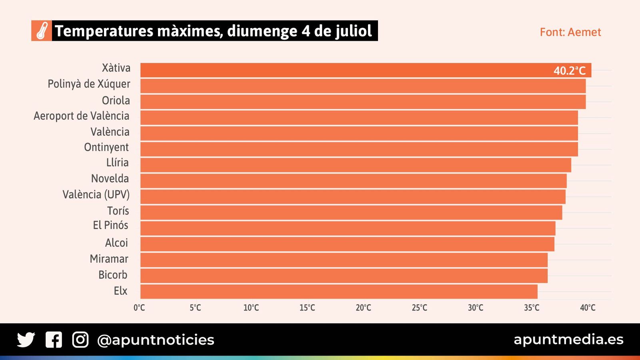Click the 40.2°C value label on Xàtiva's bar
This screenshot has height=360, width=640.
[x=569, y=71]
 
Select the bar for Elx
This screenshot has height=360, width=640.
[x=339, y=292]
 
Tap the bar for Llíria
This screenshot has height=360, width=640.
[x=356, y=165]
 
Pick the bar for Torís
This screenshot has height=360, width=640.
[x=351, y=212]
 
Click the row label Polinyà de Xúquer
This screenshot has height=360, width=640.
[x=89, y=84]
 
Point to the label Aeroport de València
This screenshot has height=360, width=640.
[x=82, y=116]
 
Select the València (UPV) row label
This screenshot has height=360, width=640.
[x=96, y=195]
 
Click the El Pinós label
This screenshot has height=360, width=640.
[x=110, y=225]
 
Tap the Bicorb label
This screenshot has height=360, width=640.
[x=113, y=275]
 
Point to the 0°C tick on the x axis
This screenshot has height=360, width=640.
[x=139, y=308]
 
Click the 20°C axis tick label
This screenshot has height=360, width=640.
[x=363, y=308]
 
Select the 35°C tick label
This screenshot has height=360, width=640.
[x=532, y=308]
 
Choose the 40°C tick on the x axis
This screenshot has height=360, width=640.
[x=588, y=308]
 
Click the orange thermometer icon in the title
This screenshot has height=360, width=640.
[x=42, y=31]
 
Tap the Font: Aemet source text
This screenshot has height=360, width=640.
[x=570, y=32]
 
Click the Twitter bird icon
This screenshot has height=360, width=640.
[x=26, y=340]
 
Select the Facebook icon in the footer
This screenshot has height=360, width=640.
[x=54, y=340]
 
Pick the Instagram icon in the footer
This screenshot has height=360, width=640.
[x=80, y=340]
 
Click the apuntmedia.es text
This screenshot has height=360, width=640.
[x=568, y=339]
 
